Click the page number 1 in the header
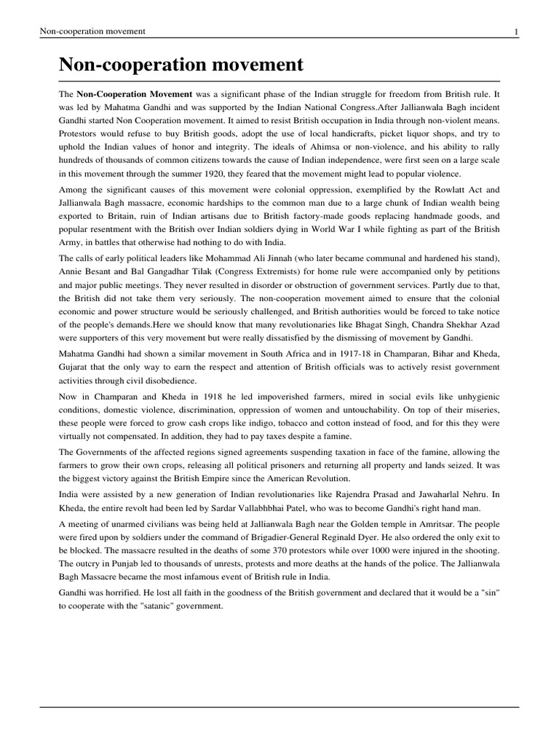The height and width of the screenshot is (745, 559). pyautogui.click(x=515, y=31)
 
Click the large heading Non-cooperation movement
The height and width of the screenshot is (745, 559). pyautogui.click(x=181, y=65)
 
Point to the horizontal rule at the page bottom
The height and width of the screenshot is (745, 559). pyautogui.click(x=279, y=706)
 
